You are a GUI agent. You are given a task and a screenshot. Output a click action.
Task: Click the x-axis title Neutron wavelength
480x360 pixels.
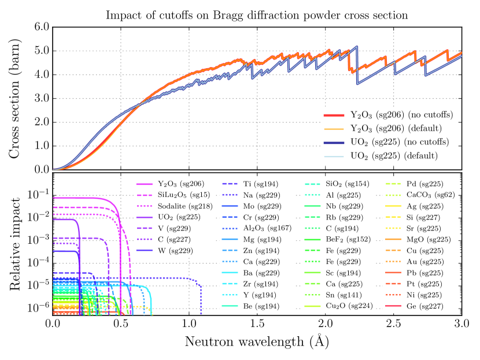click(257, 342)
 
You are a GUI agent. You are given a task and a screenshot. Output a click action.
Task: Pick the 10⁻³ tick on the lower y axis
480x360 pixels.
click(37, 239)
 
